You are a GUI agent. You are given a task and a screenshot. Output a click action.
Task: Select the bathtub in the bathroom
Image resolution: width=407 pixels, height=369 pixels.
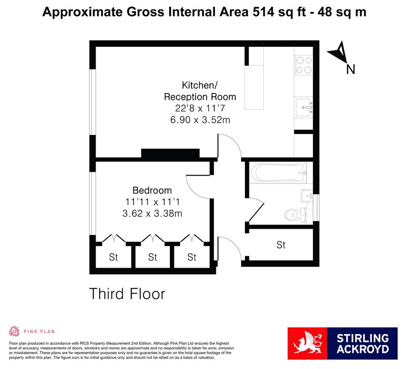278,173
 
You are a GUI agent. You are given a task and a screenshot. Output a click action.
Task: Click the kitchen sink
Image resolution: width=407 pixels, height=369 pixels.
304,107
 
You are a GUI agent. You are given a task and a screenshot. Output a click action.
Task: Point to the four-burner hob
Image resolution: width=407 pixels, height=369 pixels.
304,65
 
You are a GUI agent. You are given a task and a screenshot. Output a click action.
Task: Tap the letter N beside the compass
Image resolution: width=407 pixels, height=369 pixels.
350,70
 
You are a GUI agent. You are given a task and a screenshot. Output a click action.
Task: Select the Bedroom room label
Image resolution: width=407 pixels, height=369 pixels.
152,190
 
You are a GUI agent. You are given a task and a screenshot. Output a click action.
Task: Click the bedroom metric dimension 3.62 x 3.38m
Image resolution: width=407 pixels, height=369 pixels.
152,213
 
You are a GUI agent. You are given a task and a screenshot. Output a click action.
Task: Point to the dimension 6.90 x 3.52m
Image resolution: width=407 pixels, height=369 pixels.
200,120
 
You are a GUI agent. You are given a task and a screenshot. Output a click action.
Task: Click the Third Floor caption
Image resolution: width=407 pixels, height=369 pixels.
127,294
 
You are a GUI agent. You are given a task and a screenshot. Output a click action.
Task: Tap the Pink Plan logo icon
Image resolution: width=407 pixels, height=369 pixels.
14,331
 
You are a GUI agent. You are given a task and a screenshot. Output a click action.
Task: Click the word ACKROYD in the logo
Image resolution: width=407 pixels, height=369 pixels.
362,349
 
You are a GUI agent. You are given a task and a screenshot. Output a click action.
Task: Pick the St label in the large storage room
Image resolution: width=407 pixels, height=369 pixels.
281,245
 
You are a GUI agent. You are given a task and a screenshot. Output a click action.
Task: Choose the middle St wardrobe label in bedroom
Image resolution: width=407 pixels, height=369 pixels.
153,257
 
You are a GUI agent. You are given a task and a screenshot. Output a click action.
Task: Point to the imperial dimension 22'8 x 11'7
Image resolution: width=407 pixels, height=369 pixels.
200,108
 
